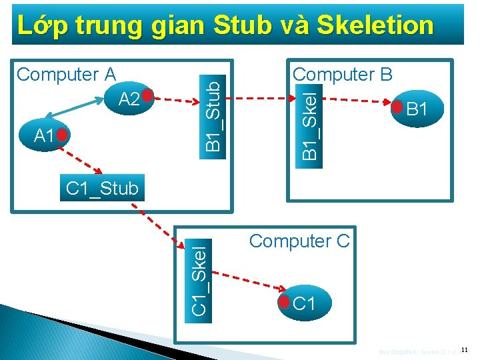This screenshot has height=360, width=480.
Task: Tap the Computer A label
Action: click(66, 74)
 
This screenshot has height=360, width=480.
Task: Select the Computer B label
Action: click(343, 74)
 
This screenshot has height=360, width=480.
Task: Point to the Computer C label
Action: click(299, 241)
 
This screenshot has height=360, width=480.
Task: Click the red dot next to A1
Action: click(62, 135)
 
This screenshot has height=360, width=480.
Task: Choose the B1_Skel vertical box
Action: click(311, 121)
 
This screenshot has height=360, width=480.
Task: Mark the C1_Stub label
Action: click(102, 189)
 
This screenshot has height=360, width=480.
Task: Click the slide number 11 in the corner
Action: click(465, 349)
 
